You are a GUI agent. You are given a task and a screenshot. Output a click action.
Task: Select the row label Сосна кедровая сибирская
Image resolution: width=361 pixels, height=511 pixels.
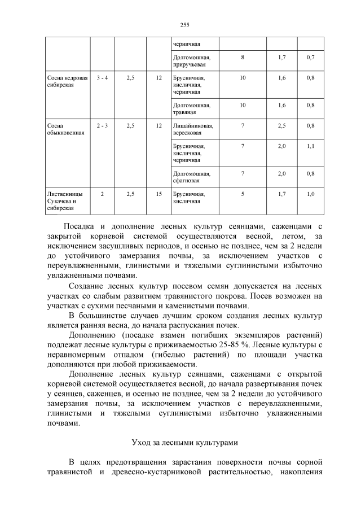pyautogui.click(x=67, y=81)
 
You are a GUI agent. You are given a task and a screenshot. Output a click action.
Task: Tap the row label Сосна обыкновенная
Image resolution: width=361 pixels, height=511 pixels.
pyautogui.click(x=58, y=129)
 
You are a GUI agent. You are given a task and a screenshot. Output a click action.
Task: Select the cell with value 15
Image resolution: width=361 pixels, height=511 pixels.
pyautogui.click(x=159, y=194)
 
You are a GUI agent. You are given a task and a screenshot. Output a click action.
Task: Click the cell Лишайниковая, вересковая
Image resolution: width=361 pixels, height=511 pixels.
pyautogui.click(x=191, y=129)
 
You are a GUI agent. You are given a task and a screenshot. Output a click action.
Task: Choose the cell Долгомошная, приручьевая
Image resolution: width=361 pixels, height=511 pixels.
pyautogui.click(x=192, y=61)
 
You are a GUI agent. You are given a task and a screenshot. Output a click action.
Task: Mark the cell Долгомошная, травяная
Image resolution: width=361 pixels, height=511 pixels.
pyautogui.click(x=192, y=108)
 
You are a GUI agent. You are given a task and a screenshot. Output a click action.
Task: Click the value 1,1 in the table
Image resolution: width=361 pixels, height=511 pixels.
pyautogui.click(x=310, y=146)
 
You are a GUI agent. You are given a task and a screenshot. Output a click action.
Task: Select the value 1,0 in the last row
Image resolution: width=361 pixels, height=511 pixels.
pyautogui.click(x=310, y=194)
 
